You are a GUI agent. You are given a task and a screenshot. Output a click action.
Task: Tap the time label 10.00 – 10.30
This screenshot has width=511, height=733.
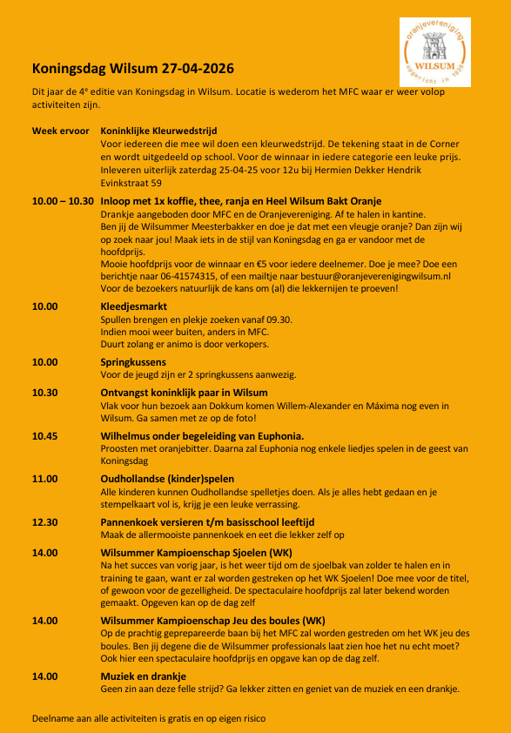[62, 201]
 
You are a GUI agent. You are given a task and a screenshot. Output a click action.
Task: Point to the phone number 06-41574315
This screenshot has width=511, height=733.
[177, 276]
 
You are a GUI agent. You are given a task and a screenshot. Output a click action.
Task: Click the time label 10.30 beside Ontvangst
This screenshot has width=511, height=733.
[45, 393]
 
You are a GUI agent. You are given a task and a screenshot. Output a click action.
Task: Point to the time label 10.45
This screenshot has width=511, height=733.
[45, 435]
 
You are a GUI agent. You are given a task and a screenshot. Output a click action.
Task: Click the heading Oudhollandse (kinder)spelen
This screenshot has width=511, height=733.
[167, 479]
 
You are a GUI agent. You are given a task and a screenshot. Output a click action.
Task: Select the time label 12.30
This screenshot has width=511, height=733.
[45, 521]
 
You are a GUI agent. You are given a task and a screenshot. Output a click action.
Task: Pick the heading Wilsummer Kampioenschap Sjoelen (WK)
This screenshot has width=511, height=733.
[197, 553]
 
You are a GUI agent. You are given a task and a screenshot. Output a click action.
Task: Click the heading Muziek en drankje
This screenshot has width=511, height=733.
[144, 676]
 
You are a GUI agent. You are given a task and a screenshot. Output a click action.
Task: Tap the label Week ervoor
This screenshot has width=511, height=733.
[60, 130]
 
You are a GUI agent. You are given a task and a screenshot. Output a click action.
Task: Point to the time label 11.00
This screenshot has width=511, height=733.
[45, 479]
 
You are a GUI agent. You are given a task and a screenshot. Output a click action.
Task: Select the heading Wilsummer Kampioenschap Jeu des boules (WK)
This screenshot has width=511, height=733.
[213, 620]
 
